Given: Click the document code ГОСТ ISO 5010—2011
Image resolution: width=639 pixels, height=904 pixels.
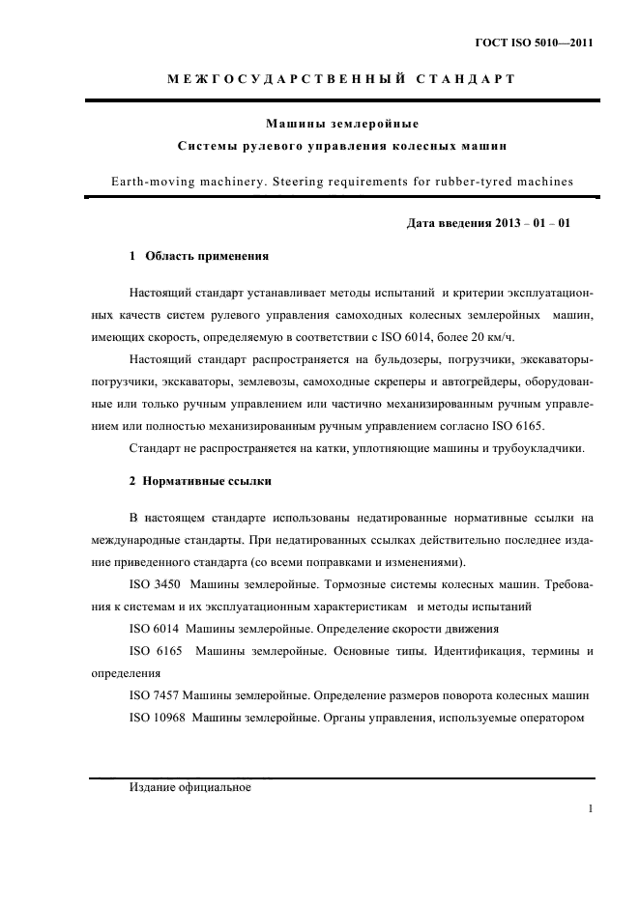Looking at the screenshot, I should tap(533, 43).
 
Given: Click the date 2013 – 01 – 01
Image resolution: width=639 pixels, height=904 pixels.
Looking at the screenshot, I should tap(532, 223).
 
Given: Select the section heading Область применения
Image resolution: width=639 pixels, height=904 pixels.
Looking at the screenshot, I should tap(205, 257).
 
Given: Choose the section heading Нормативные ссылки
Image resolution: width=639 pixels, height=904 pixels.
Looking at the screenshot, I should tap(207, 479).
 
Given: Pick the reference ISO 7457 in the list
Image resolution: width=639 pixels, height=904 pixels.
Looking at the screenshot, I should tap(153, 695).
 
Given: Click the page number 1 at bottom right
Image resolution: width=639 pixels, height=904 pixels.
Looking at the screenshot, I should tap(590, 808).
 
